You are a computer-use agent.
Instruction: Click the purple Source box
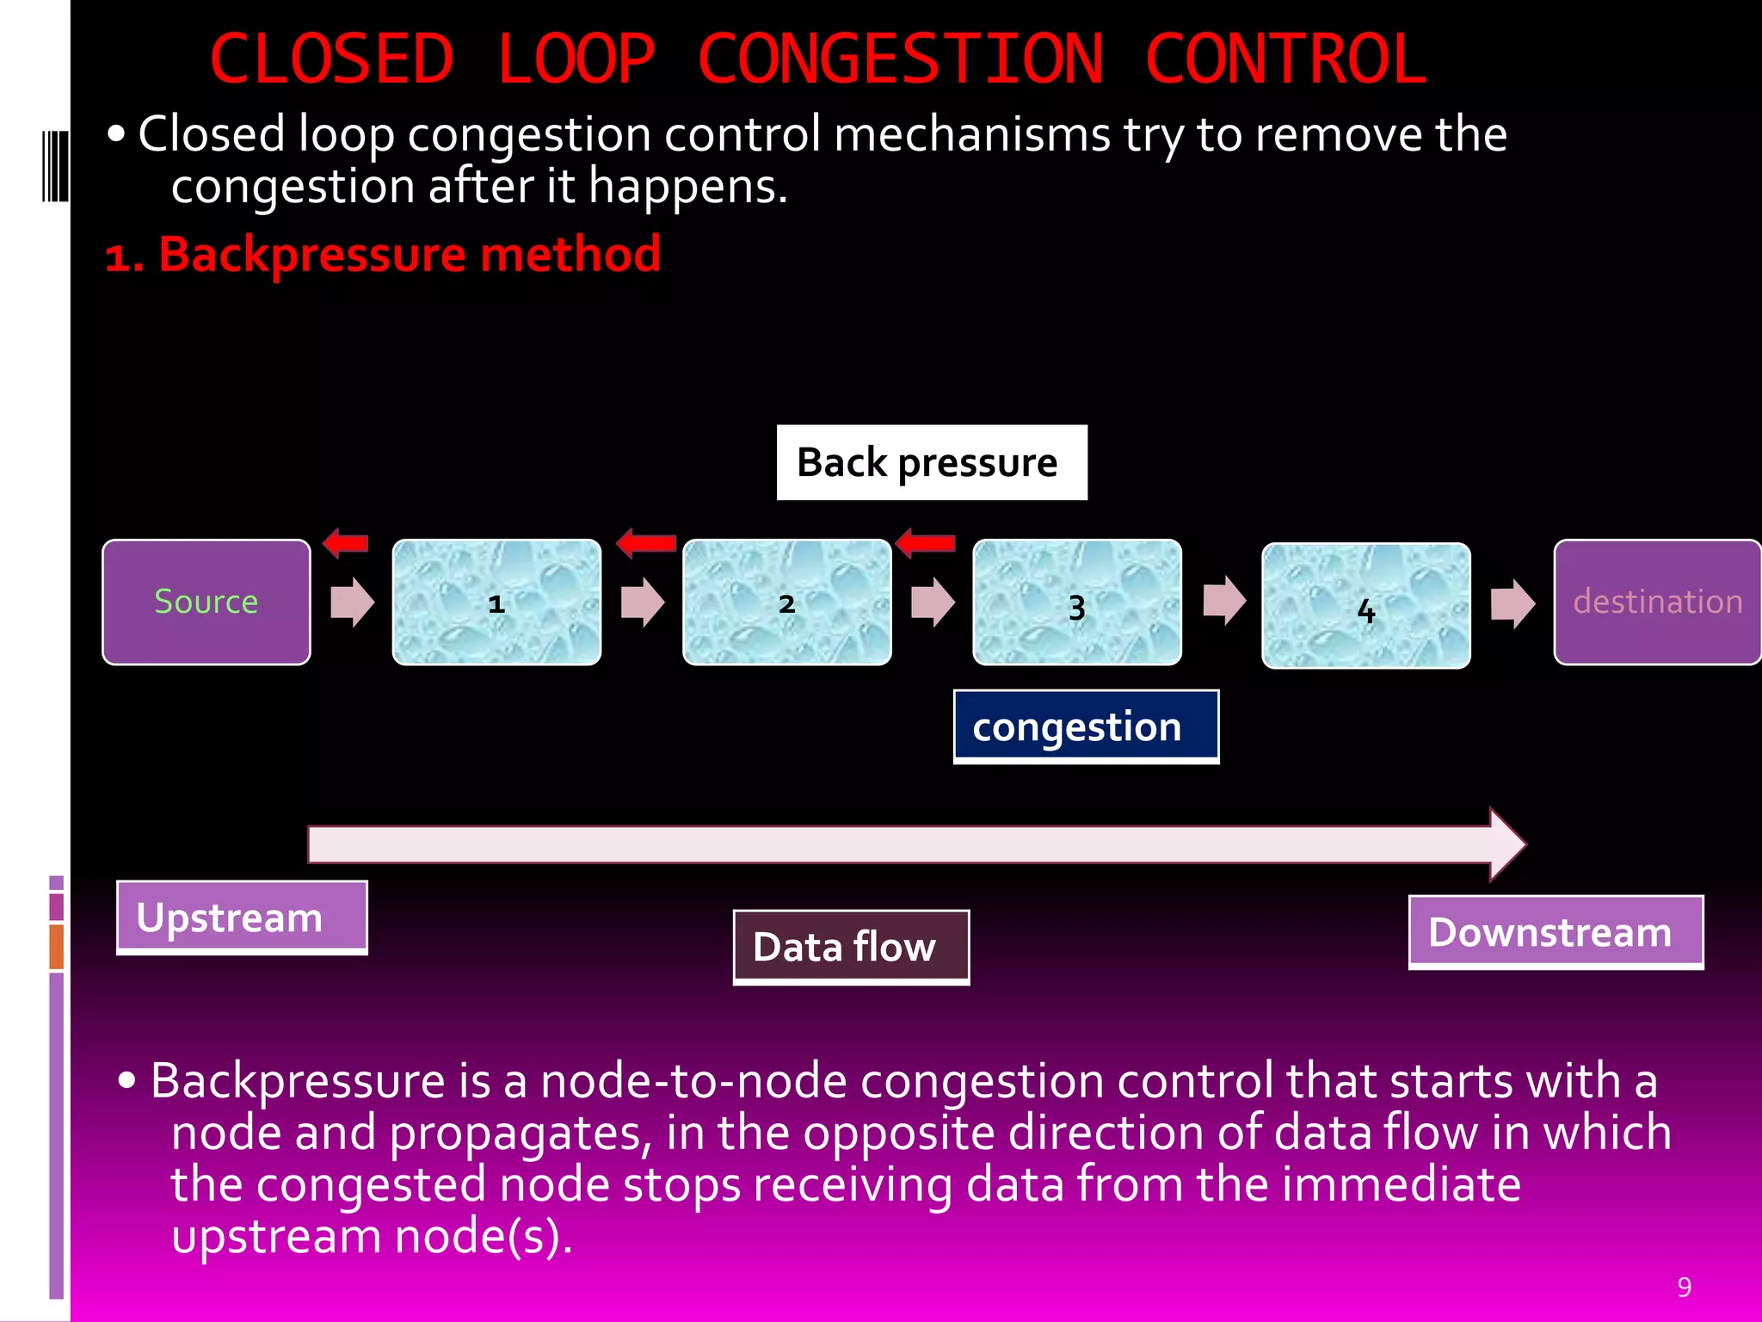(206, 602)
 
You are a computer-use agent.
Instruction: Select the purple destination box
(1656, 602)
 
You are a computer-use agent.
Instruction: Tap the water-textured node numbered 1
(496, 602)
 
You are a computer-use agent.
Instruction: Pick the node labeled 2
(786, 602)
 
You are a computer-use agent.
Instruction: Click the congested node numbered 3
(1076, 602)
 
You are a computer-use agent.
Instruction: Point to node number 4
(1365, 605)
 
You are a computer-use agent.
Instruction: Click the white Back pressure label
(931, 462)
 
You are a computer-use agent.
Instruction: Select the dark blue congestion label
(1085, 726)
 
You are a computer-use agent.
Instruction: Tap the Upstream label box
(242, 917)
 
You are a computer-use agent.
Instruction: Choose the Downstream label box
(1555, 932)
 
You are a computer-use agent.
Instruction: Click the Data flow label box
(850, 947)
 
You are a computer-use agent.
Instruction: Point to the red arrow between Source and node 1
(345, 543)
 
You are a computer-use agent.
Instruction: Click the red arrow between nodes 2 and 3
(925, 543)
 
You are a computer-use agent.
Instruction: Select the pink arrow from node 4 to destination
(1512, 603)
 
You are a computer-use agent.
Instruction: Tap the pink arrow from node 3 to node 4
(1223, 600)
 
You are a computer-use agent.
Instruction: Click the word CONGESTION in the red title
(900, 59)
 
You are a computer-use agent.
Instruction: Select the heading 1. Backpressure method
(383, 255)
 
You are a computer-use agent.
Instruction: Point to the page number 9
(1684, 1287)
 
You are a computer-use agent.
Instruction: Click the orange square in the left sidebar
(57, 946)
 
